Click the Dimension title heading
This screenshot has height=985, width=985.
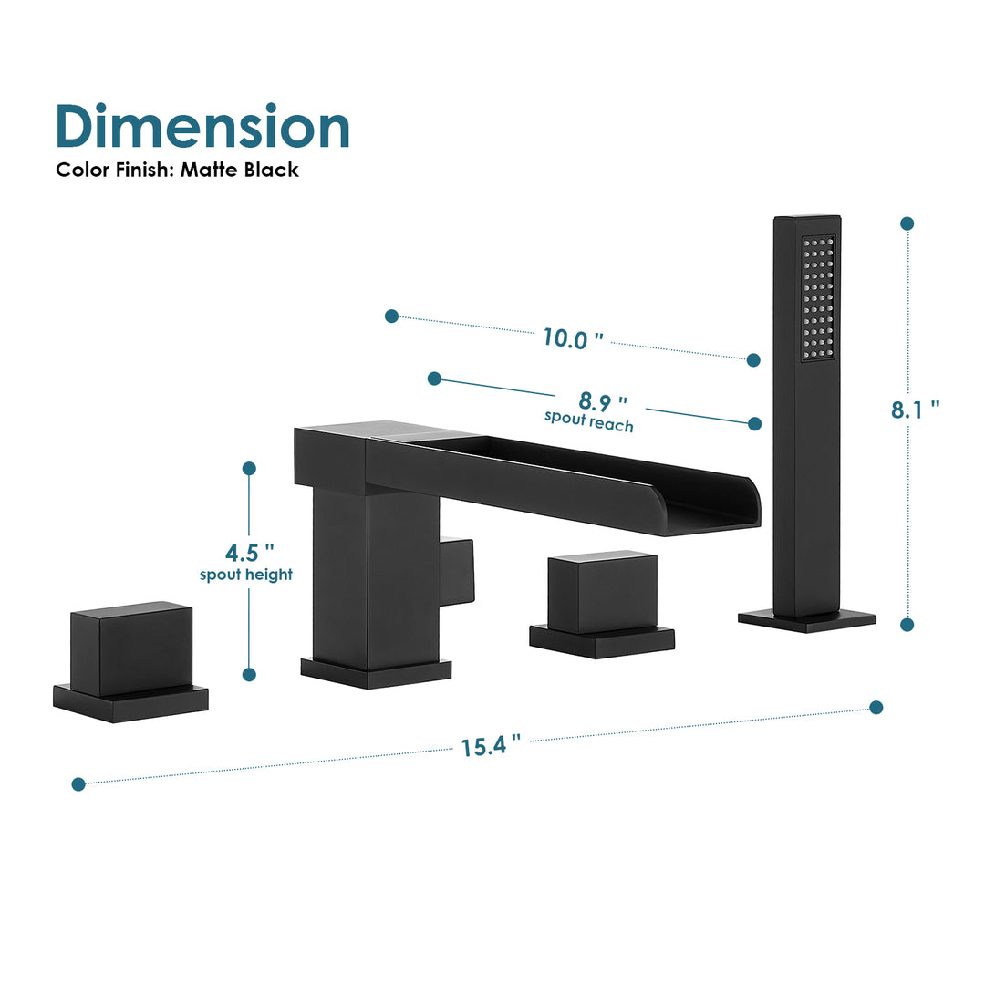(202, 127)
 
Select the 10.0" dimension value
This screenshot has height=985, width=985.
(573, 337)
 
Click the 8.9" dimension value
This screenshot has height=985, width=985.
(603, 400)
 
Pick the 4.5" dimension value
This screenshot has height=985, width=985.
(249, 554)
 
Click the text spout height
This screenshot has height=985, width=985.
(246, 575)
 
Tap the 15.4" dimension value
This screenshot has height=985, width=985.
(491, 746)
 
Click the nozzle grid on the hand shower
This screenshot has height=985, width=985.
(818, 296)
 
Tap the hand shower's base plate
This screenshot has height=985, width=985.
(806, 620)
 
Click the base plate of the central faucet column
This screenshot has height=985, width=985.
(376, 673)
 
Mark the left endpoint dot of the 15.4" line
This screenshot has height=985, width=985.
(78, 783)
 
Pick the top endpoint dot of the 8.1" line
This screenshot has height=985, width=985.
(907, 223)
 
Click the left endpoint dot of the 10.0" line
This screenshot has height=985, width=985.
(391, 316)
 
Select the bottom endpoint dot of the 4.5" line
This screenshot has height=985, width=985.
(249, 674)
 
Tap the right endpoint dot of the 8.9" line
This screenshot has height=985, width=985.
(754, 423)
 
